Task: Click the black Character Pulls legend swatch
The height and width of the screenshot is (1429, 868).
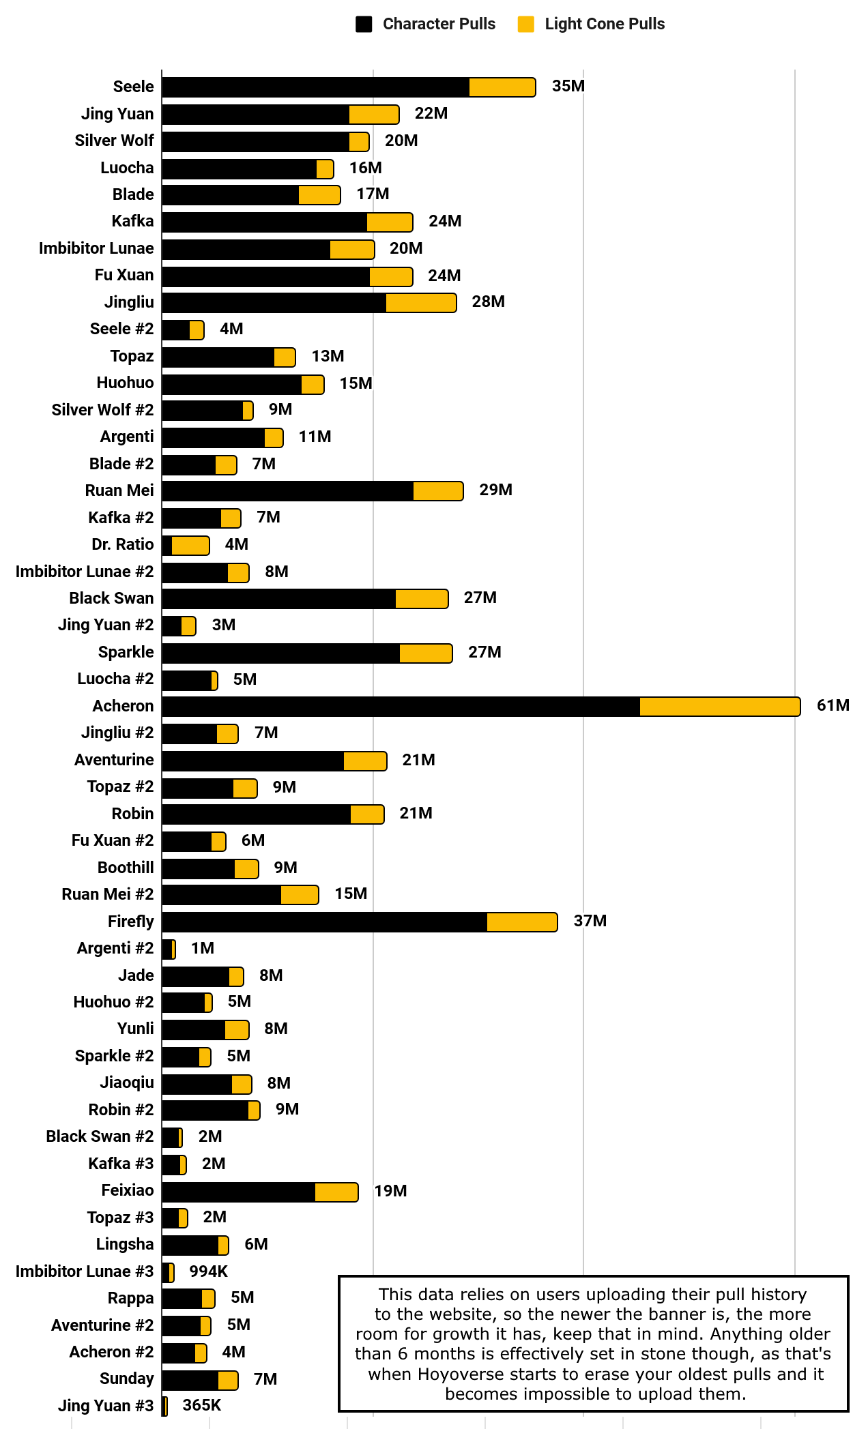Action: [364, 25]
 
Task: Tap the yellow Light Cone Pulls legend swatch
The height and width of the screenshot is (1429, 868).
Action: [525, 25]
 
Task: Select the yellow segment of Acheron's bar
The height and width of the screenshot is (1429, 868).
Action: [719, 707]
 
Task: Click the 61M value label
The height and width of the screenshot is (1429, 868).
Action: [833, 705]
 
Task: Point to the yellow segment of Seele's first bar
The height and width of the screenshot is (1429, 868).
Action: [502, 87]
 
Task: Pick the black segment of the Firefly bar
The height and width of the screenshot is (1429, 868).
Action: [324, 922]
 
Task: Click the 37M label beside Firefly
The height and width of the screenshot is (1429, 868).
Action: [590, 921]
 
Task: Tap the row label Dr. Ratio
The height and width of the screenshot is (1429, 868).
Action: [123, 544]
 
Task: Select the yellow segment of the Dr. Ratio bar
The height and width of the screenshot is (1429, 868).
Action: [190, 546]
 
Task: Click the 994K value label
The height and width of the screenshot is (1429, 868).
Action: [208, 1271]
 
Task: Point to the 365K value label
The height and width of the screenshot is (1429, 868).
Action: [201, 1405]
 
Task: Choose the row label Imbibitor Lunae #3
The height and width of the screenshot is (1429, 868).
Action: [85, 1271]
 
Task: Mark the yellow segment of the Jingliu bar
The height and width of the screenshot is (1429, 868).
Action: [420, 303]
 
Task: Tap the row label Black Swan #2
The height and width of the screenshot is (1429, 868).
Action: [100, 1136]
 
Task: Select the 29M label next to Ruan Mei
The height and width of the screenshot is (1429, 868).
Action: [495, 490]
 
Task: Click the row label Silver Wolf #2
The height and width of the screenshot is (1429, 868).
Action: [102, 410]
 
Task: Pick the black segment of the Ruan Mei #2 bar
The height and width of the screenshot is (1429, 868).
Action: [222, 895]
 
